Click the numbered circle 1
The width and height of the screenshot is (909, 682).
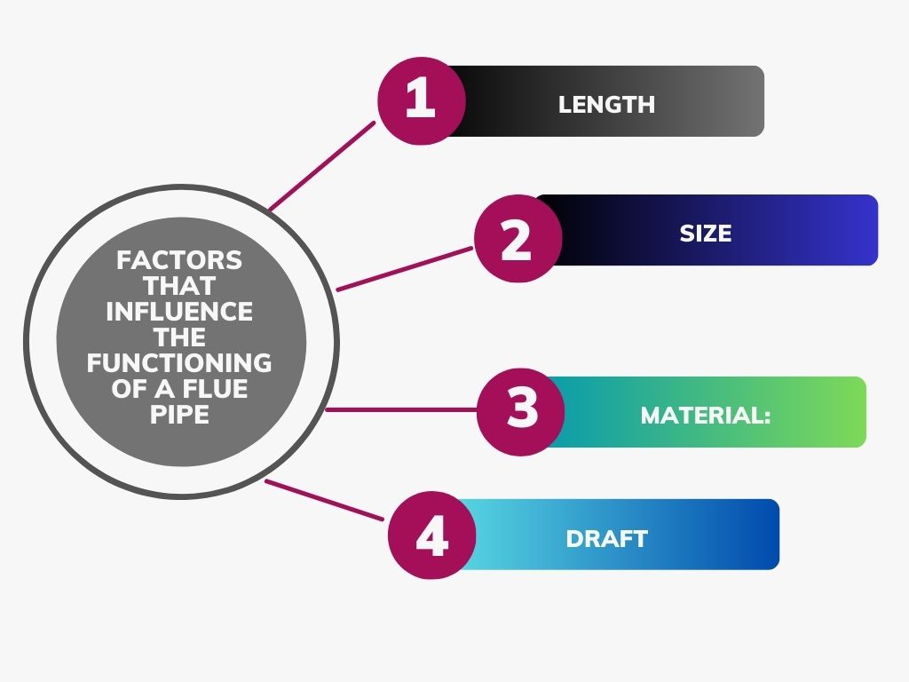pos(420,99)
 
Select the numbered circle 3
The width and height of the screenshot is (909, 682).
pos(521,411)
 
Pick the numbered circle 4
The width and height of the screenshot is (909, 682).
pos(431,535)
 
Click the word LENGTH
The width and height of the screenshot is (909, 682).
pos(606,105)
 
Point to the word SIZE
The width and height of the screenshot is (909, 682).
pos(706,234)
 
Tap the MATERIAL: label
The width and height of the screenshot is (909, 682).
pos(705,415)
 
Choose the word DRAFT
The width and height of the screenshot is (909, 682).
pos(606,538)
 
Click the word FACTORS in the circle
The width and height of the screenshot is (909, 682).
pos(179,260)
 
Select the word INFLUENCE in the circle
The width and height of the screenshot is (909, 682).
pos(179,312)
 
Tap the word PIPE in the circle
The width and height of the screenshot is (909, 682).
pos(180,415)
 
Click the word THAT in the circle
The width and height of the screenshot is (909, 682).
pos(180,286)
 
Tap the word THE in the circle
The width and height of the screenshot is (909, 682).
pos(180,337)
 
